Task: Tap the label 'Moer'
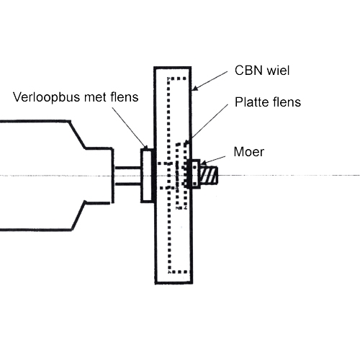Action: [x=249, y=152]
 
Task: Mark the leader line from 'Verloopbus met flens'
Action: [x=132, y=127]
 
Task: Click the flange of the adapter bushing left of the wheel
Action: [x=146, y=175]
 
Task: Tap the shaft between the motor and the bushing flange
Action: [x=127, y=176]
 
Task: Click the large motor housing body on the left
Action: [x=36, y=176]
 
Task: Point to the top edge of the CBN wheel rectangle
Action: [x=173, y=67]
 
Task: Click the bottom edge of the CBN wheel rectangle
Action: [x=173, y=282]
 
